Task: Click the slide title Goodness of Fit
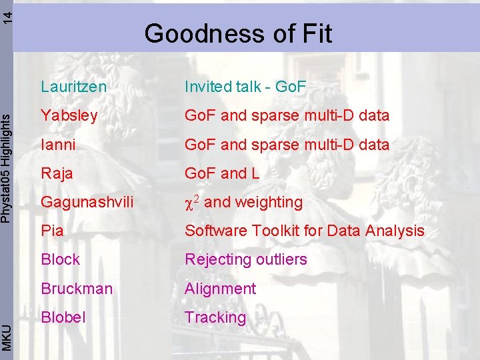(238, 33)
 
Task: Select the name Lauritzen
(73, 86)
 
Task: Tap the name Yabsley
(69, 115)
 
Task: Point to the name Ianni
(58, 145)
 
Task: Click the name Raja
(57, 173)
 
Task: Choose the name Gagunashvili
(87, 202)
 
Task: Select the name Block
(60, 259)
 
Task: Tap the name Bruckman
(76, 289)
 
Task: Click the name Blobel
(63, 317)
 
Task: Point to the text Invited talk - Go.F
(245, 86)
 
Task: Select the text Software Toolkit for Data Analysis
(304, 231)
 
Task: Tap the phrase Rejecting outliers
(245, 259)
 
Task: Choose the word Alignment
(220, 289)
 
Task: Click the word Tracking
(215, 317)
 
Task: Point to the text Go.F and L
(221, 173)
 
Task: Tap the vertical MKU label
(6, 336)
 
